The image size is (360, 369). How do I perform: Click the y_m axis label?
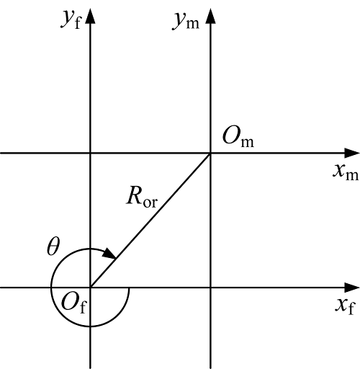click(186, 21)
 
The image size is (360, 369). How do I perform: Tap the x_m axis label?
click(346, 172)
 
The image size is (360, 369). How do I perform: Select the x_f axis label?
click(345, 306)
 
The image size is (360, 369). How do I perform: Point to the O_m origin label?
click(238, 137)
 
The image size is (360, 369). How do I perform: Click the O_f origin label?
click(73, 303)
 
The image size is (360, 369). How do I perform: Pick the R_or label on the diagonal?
click(142, 197)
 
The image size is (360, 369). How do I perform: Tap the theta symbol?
click(53, 246)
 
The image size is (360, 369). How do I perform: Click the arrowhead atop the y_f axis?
click(90, 17)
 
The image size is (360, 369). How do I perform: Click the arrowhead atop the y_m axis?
click(211, 17)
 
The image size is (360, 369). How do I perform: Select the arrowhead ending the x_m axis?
click(352, 153)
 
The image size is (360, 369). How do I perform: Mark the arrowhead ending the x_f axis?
click(352, 288)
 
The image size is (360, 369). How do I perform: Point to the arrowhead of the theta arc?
click(109, 254)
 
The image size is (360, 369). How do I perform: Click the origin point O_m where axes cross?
click(211, 153)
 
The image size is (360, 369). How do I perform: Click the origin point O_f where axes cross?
click(90, 288)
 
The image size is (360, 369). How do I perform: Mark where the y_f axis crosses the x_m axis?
click(90, 153)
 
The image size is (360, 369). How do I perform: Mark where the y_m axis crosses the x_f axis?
click(211, 288)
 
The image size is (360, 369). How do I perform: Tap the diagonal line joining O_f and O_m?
click(150, 220)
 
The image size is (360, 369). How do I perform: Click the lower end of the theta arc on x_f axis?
click(129, 288)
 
